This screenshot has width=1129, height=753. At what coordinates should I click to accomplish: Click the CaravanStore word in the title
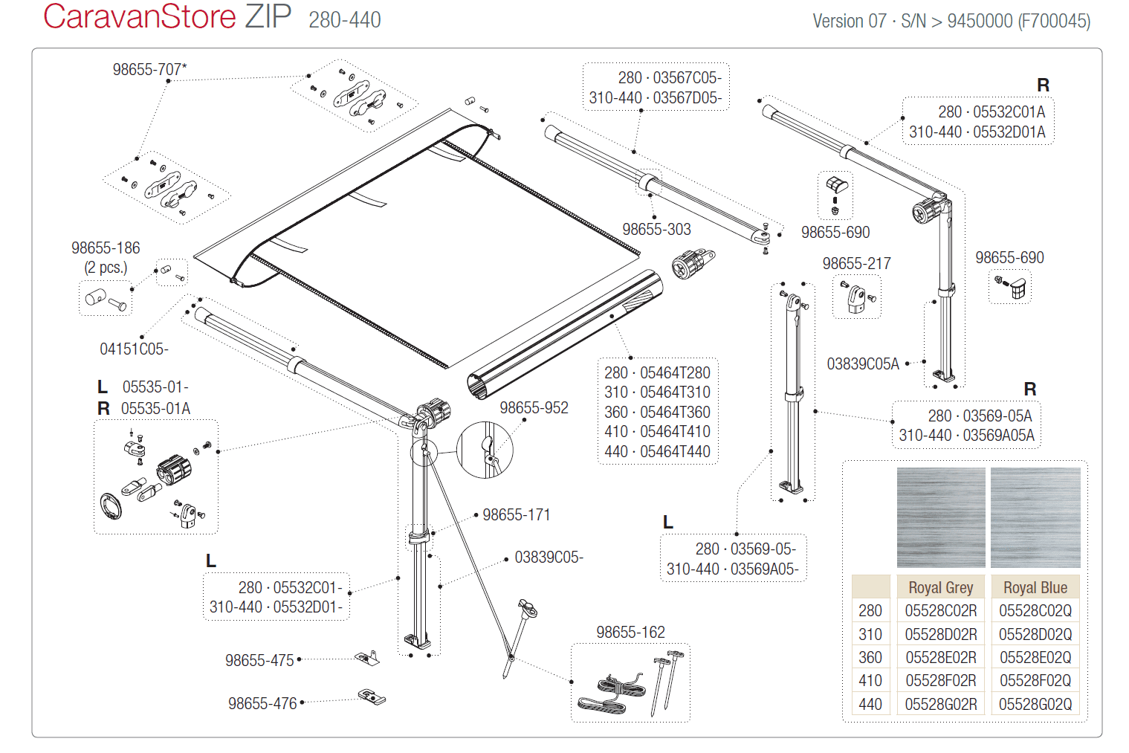pyautogui.click(x=140, y=17)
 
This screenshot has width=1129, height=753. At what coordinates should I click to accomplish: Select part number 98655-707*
pyautogui.click(x=149, y=69)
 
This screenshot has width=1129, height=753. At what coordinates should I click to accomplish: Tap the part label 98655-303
pyautogui.click(x=656, y=229)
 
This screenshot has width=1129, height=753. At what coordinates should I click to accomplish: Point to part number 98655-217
pyautogui.click(x=856, y=263)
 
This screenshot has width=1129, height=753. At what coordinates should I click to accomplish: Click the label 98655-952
pyautogui.click(x=534, y=407)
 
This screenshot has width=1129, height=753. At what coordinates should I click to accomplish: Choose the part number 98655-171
pyautogui.click(x=517, y=514)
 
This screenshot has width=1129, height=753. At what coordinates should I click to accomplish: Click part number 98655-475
pyautogui.click(x=260, y=660)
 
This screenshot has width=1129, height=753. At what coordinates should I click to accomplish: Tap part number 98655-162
pyautogui.click(x=630, y=632)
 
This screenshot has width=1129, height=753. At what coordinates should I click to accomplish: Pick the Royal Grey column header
pyautogui.click(x=940, y=587)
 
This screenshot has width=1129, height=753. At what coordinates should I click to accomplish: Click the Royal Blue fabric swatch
pyautogui.click(x=1035, y=517)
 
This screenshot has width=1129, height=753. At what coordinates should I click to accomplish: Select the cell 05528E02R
pyautogui.click(x=941, y=657)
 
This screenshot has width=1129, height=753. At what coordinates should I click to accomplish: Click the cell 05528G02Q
pyautogui.click(x=1035, y=704)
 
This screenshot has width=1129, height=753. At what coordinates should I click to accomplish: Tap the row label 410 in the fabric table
pyautogui.click(x=870, y=680)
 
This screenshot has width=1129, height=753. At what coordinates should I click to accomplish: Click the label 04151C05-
pyautogui.click(x=134, y=349)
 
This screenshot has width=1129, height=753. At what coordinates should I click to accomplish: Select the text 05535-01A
pyautogui.click(x=155, y=408)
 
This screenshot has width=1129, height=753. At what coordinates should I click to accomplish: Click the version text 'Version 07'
pyautogui.click(x=850, y=21)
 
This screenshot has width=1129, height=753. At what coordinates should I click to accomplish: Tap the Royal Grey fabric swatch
pyautogui.click(x=941, y=517)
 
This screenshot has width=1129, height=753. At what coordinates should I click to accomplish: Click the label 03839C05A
pyautogui.click(x=863, y=363)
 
